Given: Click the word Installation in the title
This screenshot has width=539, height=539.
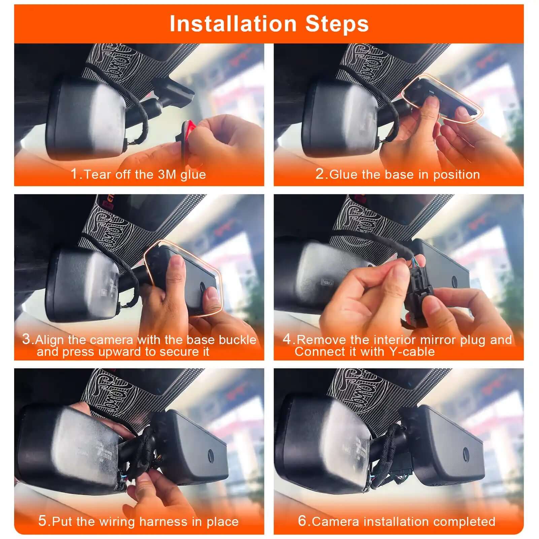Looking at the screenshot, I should coord(233,24).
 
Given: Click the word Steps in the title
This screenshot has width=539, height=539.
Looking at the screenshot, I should coord(337,24).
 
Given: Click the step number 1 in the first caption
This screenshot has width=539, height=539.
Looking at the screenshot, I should coord(74,174).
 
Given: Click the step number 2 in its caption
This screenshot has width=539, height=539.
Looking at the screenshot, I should coord(319,174).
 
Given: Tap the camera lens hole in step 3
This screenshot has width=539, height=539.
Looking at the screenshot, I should coord(203,285).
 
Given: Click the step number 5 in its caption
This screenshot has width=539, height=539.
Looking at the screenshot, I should coord(42,521).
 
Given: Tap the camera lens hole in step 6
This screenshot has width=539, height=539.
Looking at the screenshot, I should coord(466,453).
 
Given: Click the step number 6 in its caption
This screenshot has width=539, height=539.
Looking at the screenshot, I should coord(302,521).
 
